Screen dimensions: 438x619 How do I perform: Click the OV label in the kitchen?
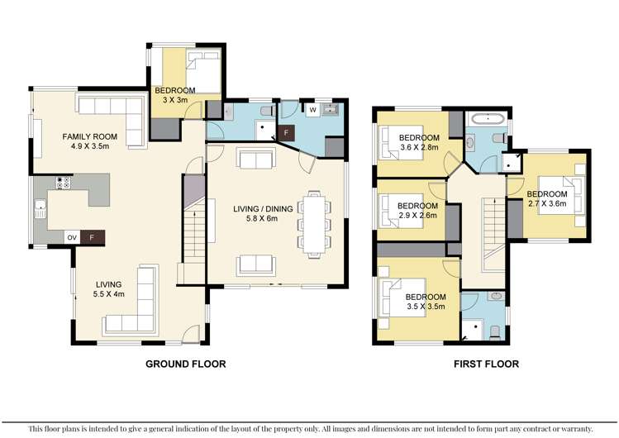point(72,237)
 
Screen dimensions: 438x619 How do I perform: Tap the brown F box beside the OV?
point(92,237)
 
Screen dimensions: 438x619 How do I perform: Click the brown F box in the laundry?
point(287,132)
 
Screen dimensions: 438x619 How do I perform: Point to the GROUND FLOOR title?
point(185,364)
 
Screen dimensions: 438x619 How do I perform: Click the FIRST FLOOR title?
point(485,364)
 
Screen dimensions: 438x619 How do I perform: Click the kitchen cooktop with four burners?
point(60,182)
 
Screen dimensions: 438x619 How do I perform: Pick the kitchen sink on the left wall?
point(39,209)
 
